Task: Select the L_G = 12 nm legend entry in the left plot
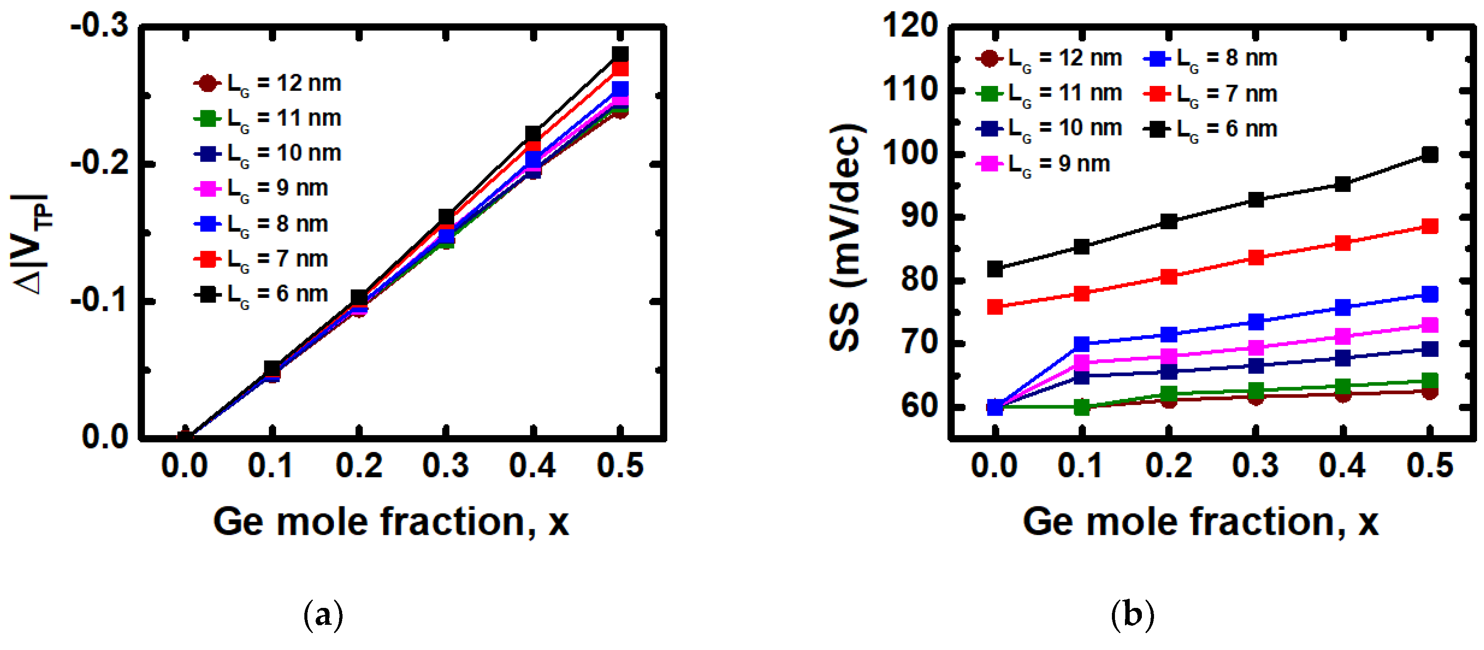(268, 83)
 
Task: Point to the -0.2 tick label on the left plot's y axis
(99, 164)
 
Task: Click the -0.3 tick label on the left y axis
(99, 26)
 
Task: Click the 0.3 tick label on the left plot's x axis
(445, 465)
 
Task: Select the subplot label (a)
(323, 615)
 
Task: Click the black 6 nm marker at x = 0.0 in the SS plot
(995, 268)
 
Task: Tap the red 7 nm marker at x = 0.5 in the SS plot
(1429, 226)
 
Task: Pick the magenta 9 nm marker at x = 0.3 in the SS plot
(1256, 347)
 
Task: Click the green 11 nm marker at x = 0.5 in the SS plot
(1429, 380)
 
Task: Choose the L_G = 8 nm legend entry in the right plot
(1211, 58)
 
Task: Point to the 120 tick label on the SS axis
(910, 26)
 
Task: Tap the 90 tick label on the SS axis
(920, 217)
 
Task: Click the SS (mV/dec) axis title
(847, 236)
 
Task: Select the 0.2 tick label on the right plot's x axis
(1168, 465)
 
